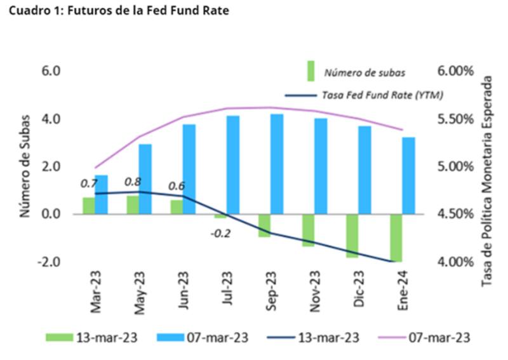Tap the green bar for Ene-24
(396, 237)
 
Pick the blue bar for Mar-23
(102, 194)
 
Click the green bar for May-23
(133, 205)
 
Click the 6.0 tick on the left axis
(51, 70)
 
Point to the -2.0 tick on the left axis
(49, 262)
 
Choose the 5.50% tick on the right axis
(457, 119)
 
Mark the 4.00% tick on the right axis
(457, 262)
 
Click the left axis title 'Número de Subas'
(25, 166)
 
